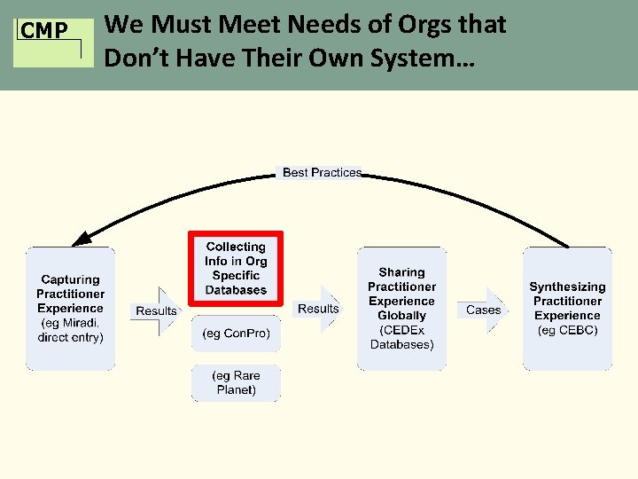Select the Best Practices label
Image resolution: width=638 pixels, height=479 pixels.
[322, 172]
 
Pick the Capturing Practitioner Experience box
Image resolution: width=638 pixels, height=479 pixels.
[70, 308]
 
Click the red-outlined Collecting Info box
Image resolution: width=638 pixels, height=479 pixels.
[236, 269]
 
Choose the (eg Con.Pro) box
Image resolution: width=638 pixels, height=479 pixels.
[236, 334]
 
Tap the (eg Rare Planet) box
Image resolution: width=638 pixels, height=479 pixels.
[236, 382]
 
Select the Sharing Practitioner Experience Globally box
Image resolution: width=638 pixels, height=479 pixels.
[401, 308]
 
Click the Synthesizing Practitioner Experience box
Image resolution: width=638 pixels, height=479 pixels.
[567, 308]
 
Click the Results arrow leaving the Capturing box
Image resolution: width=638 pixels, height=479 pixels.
[157, 310]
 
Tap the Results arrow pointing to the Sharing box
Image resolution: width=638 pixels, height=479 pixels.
[318, 309]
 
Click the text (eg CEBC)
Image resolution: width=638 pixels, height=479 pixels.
[567, 330]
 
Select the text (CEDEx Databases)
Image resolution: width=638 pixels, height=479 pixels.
[401, 337]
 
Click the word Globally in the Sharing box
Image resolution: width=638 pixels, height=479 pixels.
[401, 316]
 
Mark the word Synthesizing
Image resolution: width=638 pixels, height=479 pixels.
[567, 287]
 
